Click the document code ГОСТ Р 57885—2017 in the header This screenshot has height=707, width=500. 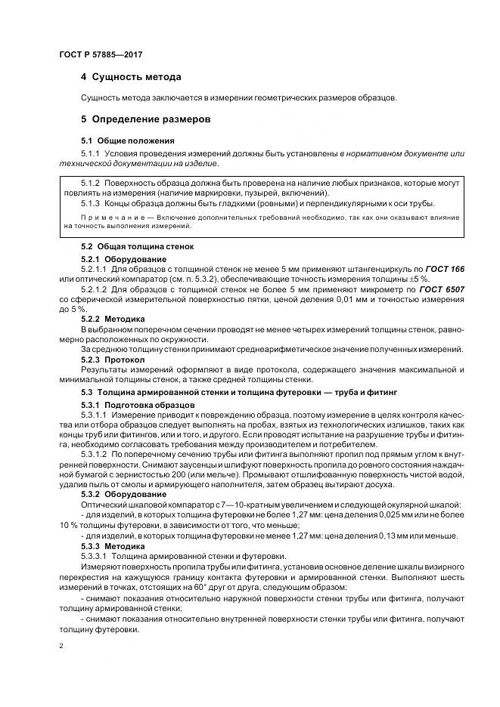tap(100, 55)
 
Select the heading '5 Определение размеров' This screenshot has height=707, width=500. tap(144, 119)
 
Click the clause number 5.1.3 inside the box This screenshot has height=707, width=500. tap(91, 204)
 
